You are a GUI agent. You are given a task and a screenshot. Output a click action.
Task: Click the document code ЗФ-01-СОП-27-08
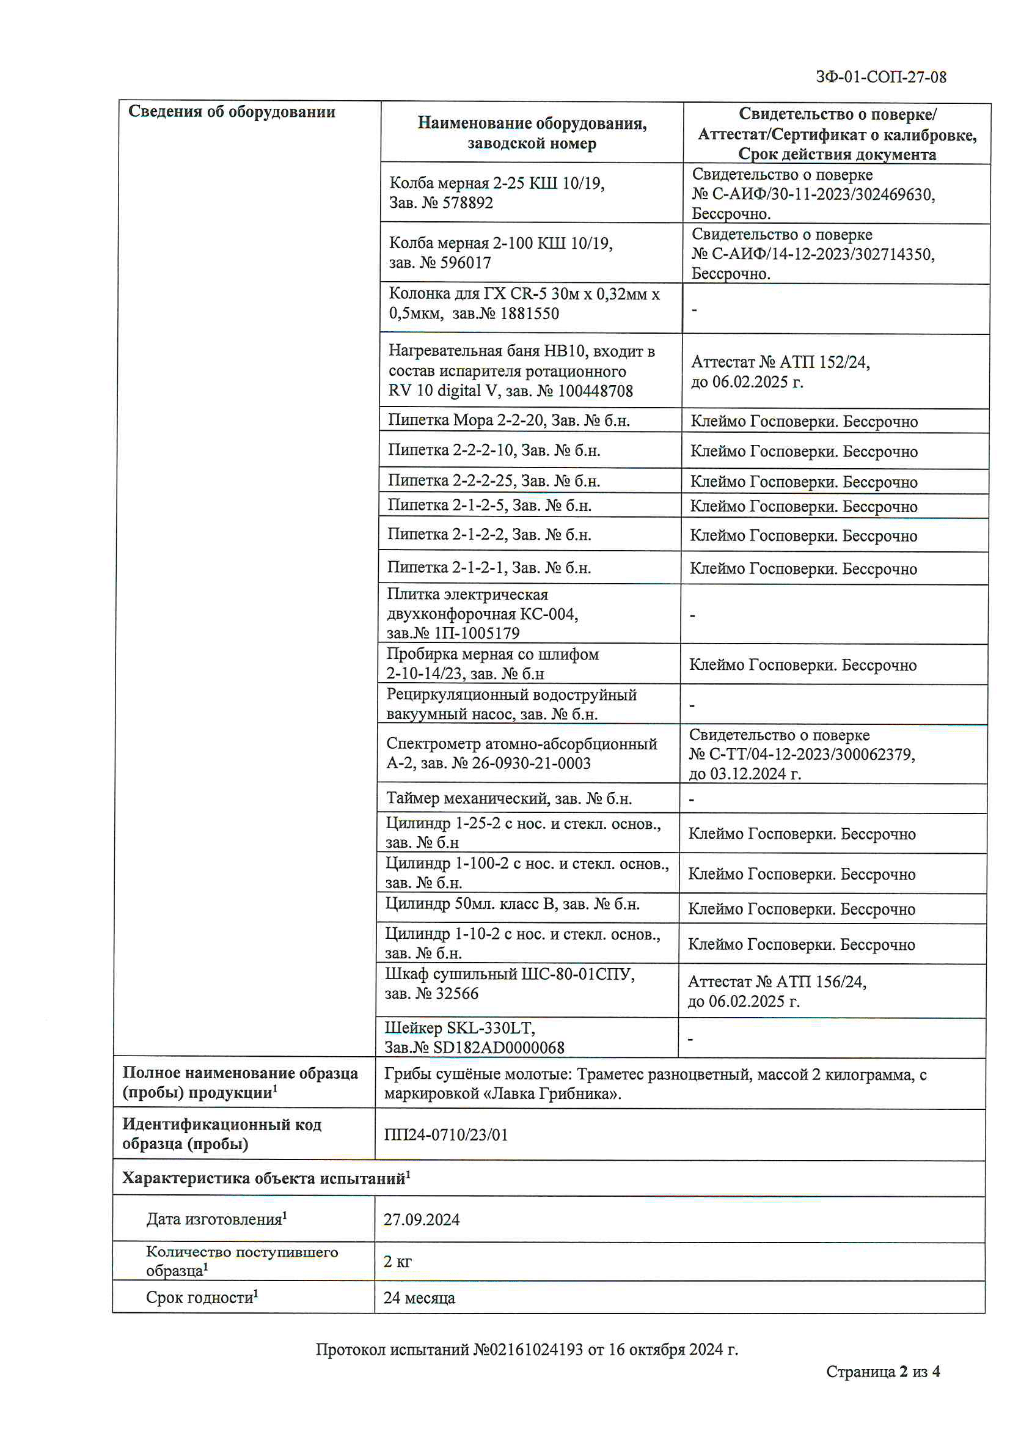click(x=880, y=77)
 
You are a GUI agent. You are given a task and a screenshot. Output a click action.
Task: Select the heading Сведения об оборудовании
click(x=232, y=112)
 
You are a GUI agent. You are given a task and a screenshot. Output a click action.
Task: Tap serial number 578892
click(x=467, y=203)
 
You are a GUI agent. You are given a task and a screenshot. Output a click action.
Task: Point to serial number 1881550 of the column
click(x=530, y=314)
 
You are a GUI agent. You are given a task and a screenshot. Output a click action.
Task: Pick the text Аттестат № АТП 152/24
click(x=780, y=362)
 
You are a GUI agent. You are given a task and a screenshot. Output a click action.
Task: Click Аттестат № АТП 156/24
click(x=777, y=982)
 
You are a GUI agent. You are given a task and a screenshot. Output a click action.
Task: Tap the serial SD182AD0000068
click(x=499, y=1048)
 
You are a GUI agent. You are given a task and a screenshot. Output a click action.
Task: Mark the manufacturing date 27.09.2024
click(x=422, y=1219)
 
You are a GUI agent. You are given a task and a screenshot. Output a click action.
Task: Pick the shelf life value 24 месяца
click(x=419, y=1298)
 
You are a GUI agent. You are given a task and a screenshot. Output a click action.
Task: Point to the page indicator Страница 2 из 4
click(x=882, y=1371)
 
